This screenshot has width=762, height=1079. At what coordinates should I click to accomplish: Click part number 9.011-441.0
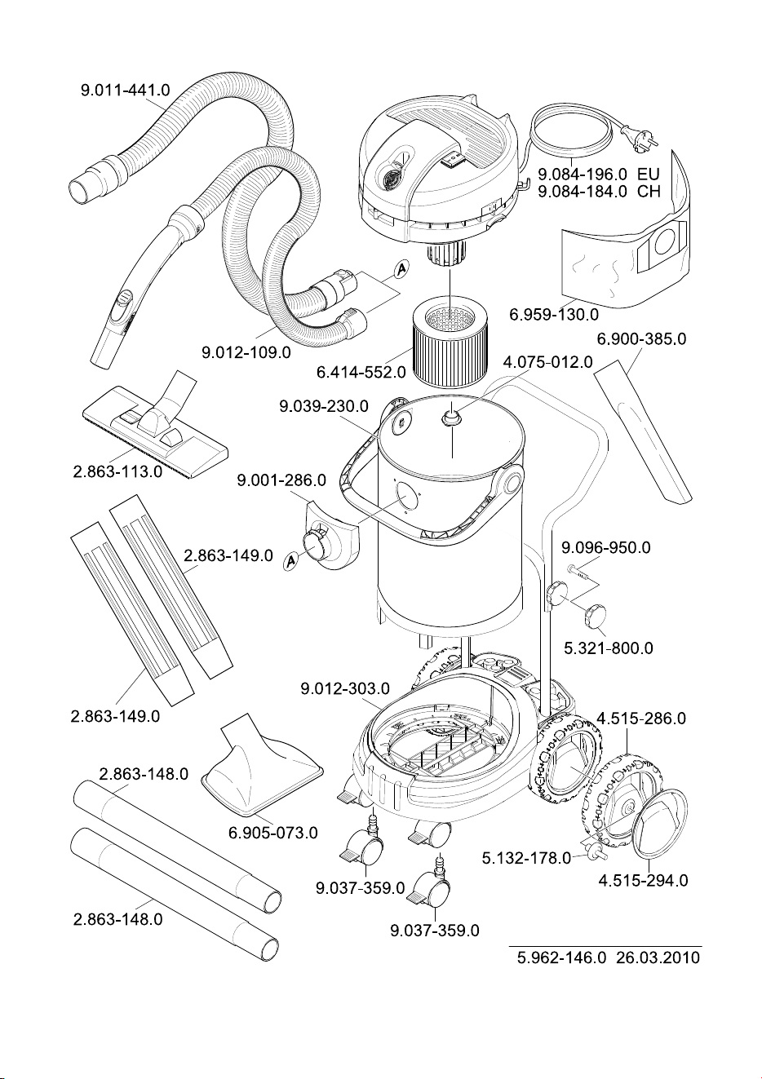(126, 90)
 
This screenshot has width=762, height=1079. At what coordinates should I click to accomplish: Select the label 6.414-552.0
(361, 372)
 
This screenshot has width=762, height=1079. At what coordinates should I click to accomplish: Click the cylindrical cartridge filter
(450, 341)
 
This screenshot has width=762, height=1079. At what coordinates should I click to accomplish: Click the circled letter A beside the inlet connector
(290, 560)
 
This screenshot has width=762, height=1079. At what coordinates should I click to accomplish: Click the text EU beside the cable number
(649, 174)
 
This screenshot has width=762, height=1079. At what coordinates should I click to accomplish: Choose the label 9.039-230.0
(324, 406)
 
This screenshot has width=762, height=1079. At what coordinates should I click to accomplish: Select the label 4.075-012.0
(547, 362)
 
